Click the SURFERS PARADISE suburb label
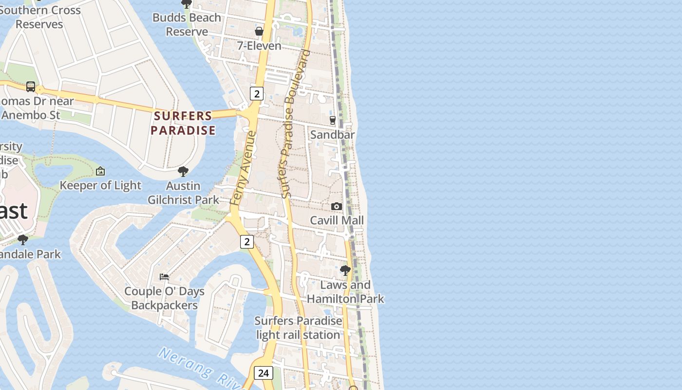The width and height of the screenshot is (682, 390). pyautogui.click(x=183, y=123)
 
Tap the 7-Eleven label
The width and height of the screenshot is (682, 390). pyautogui.click(x=259, y=46)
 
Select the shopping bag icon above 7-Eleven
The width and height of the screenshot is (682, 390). pyautogui.click(x=259, y=31)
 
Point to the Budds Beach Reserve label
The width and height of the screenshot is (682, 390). pyautogui.click(x=187, y=24)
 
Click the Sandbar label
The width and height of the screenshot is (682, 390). pyautogui.click(x=332, y=135)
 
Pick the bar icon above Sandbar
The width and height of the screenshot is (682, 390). pyautogui.click(x=333, y=120)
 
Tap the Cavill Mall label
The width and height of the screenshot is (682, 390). pyautogui.click(x=337, y=220)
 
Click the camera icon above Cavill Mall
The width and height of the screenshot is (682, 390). pyautogui.click(x=336, y=207)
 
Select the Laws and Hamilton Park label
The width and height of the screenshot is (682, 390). pyautogui.click(x=345, y=292)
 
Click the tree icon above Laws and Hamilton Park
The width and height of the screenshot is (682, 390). pyautogui.click(x=345, y=270)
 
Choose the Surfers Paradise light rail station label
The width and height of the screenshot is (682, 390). pyautogui.click(x=298, y=328)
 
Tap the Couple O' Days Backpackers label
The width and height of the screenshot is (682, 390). pyautogui.click(x=164, y=298)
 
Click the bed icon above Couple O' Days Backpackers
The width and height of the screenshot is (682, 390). pyautogui.click(x=164, y=277)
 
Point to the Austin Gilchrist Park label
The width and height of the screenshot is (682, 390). pyautogui.click(x=183, y=193)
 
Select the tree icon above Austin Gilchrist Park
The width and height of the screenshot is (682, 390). pyautogui.click(x=183, y=172)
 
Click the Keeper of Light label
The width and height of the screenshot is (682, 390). pyautogui.click(x=100, y=185)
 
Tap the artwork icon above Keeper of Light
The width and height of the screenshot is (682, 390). pyautogui.click(x=100, y=171)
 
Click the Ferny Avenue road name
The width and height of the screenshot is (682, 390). pyautogui.click(x=243, y=168)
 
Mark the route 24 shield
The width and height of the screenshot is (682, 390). pyautogui.click(x=263, y=373)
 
